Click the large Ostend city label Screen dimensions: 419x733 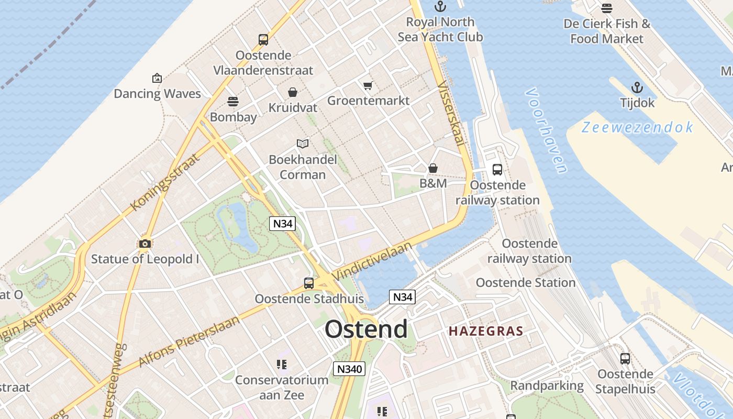click(366, 329)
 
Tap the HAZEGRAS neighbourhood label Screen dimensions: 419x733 click(486, 331)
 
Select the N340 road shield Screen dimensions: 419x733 click(349, 369)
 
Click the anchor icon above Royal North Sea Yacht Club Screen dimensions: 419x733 click(440, 7)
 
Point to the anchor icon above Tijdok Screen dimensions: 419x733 click(637, 87)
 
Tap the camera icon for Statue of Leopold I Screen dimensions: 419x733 click(145, 244)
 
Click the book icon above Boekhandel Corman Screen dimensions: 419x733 click(303, 144)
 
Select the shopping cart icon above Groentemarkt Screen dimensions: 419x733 click(368, 85)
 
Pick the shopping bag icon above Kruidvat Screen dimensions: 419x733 click(293, 92)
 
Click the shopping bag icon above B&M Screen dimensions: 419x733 click(433, 168)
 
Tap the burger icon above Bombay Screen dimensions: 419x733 click(233, 101)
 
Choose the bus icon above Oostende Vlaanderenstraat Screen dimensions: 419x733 click(263, 39)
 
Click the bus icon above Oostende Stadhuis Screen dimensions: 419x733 click(309, 283)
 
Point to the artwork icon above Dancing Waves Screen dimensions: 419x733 click(157, 78)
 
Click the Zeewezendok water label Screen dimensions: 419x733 click(637, 127)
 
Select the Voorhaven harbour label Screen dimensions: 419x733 click(547, 130)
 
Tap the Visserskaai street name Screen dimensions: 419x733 click(451, 113)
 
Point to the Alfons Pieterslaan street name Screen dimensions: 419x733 click(189, 341)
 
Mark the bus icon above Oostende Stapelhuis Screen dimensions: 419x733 click(625, 359)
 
